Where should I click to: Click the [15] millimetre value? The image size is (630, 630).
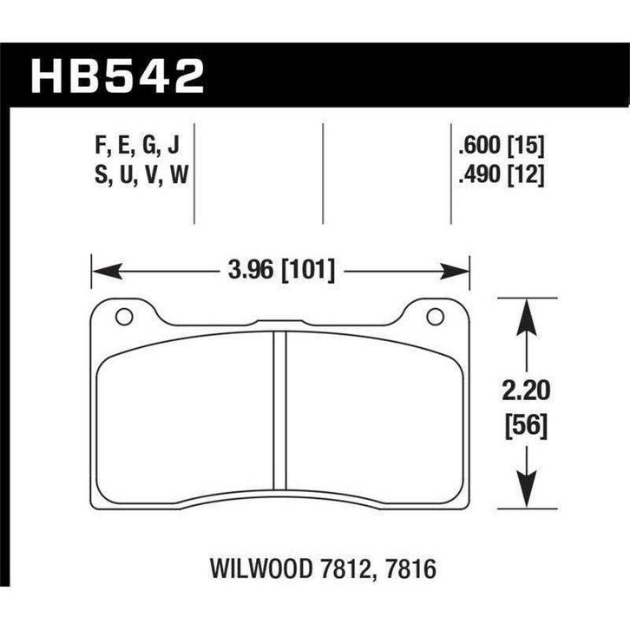coord(528,145)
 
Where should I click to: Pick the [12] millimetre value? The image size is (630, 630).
coord(528,176)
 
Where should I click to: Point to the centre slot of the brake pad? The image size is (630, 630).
coord(279,412)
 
